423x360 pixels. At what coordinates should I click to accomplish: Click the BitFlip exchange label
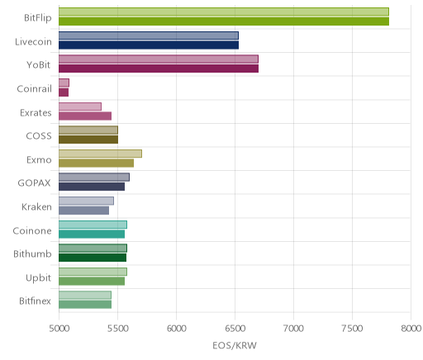38,18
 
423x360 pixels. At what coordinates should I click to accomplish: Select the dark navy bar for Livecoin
149,45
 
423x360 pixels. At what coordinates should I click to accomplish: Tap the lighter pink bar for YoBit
159,59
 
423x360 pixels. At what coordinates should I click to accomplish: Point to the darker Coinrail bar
64,92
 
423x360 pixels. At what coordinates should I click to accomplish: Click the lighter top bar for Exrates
80,107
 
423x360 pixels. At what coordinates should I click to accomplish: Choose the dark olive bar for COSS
88,140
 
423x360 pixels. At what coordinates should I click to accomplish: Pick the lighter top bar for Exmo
100,154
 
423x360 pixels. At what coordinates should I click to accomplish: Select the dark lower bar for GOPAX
92,187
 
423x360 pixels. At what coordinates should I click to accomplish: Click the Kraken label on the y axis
36,206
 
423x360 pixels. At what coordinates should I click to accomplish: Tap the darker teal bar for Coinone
92,234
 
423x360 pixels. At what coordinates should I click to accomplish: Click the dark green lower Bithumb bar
93,258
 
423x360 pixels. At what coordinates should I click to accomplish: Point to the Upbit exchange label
38,277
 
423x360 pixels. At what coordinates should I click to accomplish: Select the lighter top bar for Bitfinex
85,295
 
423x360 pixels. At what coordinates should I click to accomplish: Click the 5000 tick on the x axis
59,329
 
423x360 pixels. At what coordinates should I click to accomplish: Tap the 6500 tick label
235,329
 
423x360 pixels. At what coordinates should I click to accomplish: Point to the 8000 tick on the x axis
411,329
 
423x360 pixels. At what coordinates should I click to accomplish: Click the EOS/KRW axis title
235,345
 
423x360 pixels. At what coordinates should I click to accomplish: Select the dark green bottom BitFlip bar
224,21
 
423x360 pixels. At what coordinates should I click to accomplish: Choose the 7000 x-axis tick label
293,329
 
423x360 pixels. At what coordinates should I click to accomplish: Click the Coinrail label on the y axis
34,88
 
